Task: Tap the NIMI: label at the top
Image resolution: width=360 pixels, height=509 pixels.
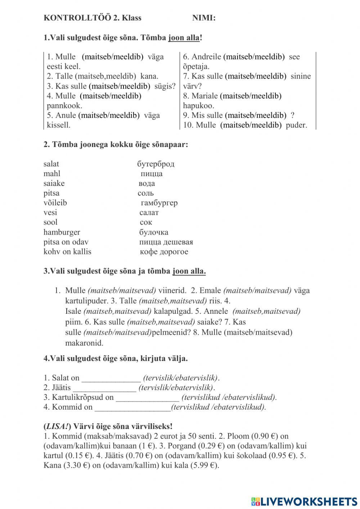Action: [204, 18]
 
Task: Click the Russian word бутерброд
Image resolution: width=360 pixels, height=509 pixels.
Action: [156, 164]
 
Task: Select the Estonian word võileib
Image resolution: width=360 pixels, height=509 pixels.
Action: [55, 203]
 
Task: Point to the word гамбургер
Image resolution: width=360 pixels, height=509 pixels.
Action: [159, 203]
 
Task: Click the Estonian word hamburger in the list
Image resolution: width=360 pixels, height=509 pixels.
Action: [62, 232]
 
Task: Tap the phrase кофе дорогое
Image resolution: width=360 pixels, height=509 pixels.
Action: [164, 252]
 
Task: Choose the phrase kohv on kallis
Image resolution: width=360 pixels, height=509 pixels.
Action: [67, 252]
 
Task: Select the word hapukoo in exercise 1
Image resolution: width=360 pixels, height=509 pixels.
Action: [198, 106]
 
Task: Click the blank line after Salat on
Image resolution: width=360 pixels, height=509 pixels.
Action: [111, 378]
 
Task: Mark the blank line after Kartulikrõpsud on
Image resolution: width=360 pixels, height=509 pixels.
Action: [147, 398]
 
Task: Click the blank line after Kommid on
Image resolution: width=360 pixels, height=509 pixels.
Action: [132, 407]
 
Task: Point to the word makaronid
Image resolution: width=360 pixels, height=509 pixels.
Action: [84, 343]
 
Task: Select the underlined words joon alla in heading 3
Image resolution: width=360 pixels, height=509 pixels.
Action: [189, 271]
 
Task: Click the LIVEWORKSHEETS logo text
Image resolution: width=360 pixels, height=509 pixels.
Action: [308, 501]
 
